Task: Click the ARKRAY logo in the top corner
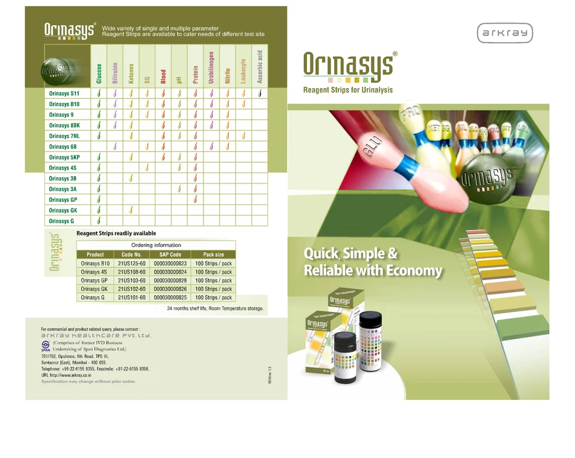click(x=505, y=33)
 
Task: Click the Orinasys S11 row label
click(x=64, y=93)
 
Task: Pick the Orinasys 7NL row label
click(x=64, y=136)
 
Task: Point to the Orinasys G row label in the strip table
click(x=59, y=221)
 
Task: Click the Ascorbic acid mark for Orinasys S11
click(x=260, y=93)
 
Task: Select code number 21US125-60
click(x=132, y=264)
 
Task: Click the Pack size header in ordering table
click(x=213, y=254)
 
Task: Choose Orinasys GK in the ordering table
click(x=95, y=289)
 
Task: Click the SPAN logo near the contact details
click(x=45, y=347)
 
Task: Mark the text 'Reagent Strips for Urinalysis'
click(x=348, y=90)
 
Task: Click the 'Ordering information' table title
click(x=156, y=245)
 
